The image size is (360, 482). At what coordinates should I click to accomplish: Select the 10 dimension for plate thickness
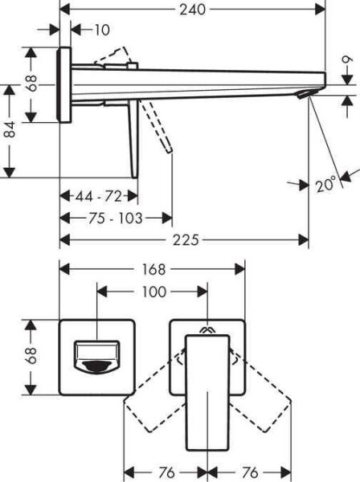click(100, 31)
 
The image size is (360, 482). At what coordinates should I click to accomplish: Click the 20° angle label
click(325, 185)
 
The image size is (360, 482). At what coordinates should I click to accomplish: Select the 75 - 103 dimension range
click(116, 219)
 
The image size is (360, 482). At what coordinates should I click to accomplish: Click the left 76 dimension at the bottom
click(166, 473)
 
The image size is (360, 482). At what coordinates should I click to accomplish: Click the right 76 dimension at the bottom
click(250, 473)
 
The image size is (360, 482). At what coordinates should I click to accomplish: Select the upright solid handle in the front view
click(207, 394)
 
